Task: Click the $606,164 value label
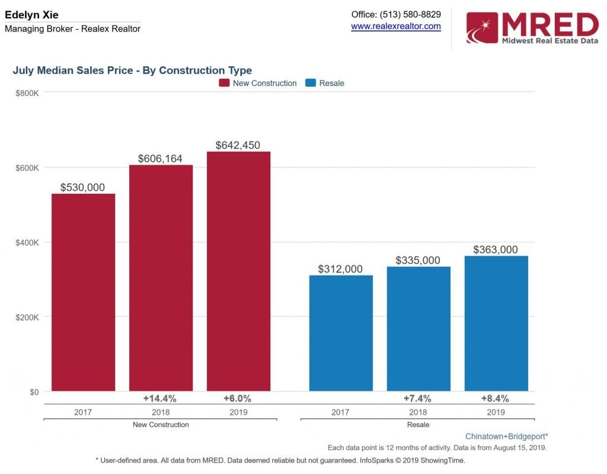click(x=160, y=159)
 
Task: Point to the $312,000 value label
click(x=340, y=269)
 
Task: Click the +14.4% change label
click(x=160, y=398)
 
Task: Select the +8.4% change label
click(x=496, y=398)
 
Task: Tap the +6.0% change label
click(x=238, y=398)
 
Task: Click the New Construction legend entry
click(x=258, y=83)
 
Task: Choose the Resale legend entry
click(x=325, y=83)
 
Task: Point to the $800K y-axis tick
click(x=27, y=92)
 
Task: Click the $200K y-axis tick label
click(x=27, y=317)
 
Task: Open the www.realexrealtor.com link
click(x=396, y=26)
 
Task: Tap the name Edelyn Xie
click(x=31, y=15)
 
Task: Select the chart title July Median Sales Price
click(x=132, y=71)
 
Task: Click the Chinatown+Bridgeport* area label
click(x=506, y=436)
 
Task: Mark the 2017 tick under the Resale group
click(x=340, y=412)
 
